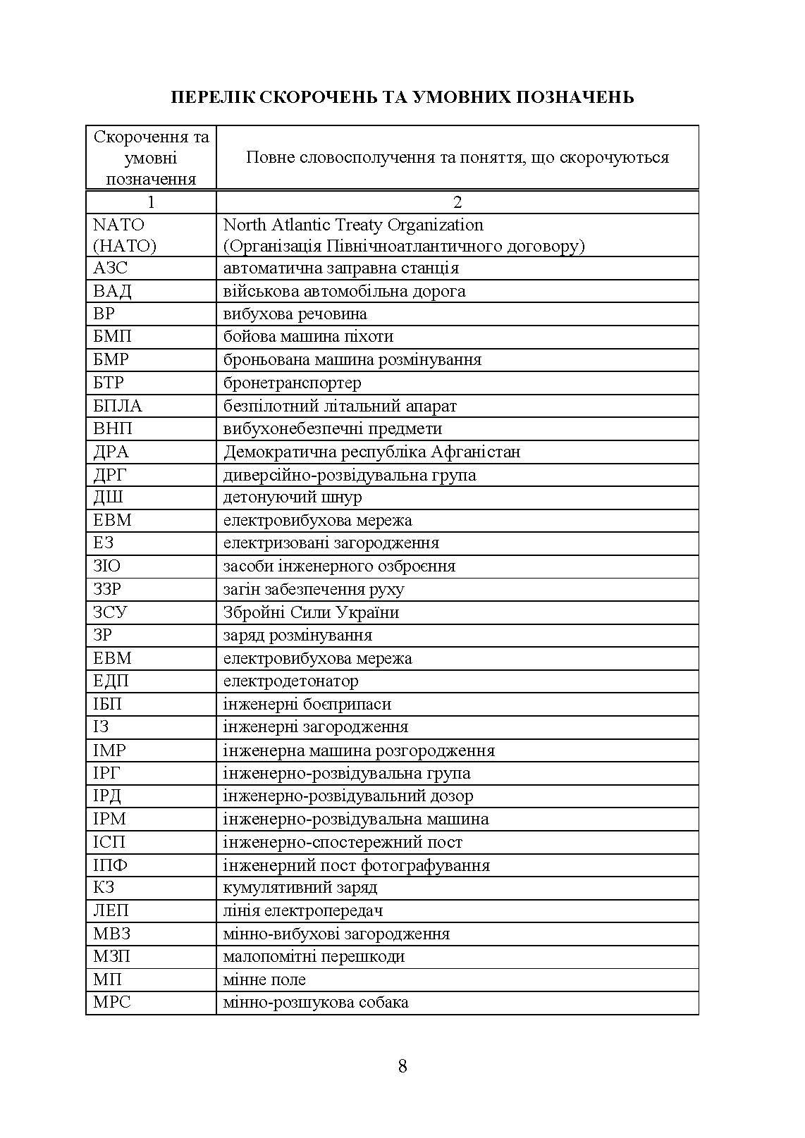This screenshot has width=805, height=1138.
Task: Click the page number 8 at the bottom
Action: (x=402, y=1066)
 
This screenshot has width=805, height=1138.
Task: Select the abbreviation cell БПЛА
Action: (x=118, y=406)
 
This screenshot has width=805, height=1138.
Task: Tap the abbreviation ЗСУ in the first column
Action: (x=110, y=612)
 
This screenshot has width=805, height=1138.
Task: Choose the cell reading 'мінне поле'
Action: (x=264, y=979)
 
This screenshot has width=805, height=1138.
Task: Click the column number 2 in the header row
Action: (x=457, y=202)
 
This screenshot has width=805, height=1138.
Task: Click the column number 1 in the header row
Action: (x=151, y=202)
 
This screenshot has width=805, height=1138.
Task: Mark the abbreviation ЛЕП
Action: (x=111, y=910)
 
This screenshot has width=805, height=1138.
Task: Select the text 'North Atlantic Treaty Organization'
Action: (x=353, y=225)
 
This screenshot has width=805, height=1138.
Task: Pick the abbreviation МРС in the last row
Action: (x=112, y=1002)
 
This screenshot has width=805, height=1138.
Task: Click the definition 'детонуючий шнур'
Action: (x=293, y=497)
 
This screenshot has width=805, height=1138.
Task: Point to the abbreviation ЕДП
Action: (x=111, y=681)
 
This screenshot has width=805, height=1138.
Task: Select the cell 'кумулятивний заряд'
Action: (x=300, y=887)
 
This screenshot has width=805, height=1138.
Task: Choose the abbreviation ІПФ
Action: (x=111, y=865)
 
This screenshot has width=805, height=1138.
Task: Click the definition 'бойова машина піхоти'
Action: (x=308, y=337)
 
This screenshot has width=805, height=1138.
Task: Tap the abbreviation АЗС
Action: (x=111, y=268)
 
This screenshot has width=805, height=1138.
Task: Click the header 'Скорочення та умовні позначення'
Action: (x=151, y=157)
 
